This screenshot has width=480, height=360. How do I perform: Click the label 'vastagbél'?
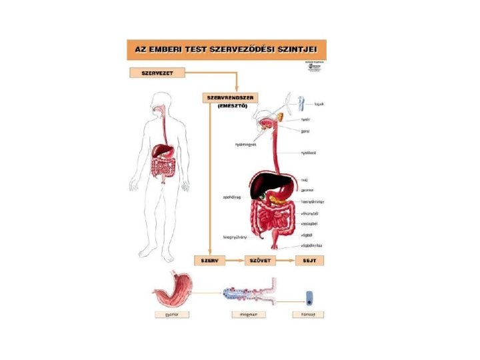[308, 224]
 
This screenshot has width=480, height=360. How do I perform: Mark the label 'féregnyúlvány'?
[235, 237]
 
